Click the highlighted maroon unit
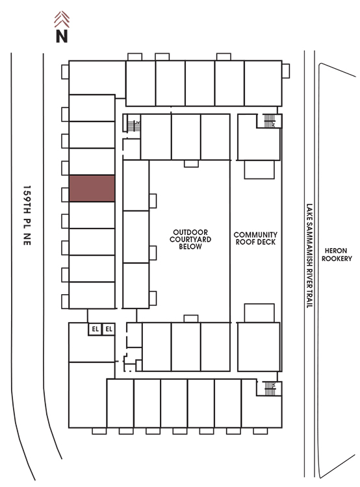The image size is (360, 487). (92, 188)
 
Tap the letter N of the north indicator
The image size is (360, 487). (62, 36)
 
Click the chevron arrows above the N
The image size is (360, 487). (62, 19)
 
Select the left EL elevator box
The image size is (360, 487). (95, 329)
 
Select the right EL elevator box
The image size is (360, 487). (109, 329)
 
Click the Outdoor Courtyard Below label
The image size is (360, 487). (190, 239)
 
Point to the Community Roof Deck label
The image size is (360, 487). (255, 238)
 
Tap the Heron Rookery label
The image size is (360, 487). (337, 255)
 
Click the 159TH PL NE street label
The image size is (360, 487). (27, 216)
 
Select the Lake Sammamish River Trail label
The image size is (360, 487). (309, 256)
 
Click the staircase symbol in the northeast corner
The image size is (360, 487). (270, 121)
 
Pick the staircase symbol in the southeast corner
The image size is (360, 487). (270, 388)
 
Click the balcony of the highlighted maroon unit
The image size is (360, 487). (65, 195)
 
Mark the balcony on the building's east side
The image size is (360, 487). (286, 71)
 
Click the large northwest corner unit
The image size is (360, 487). (97, 78)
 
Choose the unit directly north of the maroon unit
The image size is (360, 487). (92, 162)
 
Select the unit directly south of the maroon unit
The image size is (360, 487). (92, 215)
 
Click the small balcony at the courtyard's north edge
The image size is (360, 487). (191, 164)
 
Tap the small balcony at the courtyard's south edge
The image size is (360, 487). (191, 319)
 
